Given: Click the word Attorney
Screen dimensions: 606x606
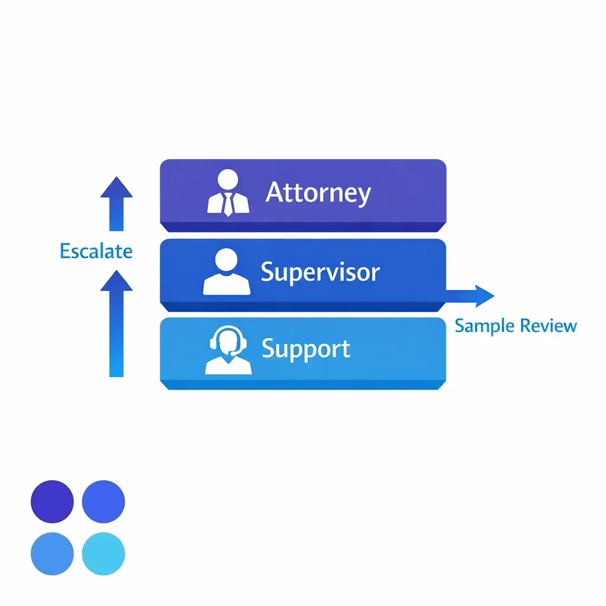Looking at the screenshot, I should coord(318,193).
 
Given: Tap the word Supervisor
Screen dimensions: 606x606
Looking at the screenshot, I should coord(320,272).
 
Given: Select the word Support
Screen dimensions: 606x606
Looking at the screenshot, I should coord(306,349).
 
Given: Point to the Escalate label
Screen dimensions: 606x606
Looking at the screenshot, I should coord(96,251).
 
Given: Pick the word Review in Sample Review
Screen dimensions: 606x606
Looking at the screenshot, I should coord(547,325).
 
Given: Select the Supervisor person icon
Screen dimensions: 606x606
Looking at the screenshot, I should coord(227,272).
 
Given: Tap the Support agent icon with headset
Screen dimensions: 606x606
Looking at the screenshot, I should coord(228,350).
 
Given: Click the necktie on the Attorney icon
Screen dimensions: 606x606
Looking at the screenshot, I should coord(228,204).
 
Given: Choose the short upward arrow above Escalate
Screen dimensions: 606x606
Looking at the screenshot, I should coord(117,203).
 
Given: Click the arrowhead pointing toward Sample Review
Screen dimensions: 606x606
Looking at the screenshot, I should coord(483,295).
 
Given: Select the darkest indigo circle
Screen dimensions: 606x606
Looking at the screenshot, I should coord(52,501).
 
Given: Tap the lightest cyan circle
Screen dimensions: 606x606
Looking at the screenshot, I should coord(104,554).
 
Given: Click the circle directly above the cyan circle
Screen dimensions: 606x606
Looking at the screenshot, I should coord(104,501).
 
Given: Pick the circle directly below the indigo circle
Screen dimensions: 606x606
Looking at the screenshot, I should coord(52,554).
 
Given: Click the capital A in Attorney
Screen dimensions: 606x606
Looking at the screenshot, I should coord(275,192).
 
